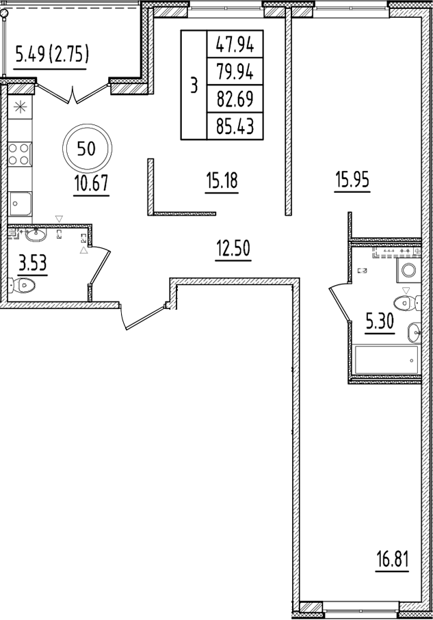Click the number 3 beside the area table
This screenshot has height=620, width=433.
pos(194,85)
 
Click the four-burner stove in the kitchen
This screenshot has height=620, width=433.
pos(20,152)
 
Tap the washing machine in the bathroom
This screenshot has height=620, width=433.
pos(408,270)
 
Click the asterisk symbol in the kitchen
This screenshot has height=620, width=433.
pos(19,107)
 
